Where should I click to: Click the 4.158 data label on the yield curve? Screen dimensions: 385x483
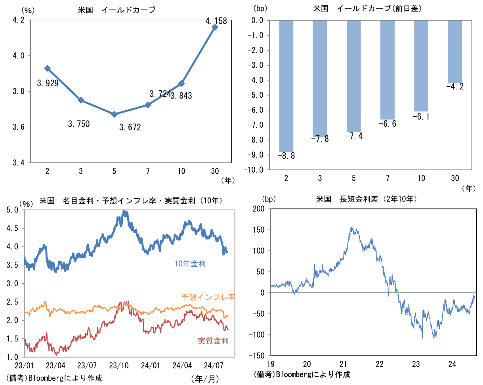[x=216, y=21]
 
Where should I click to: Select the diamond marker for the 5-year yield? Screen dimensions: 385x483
[x=115, y=114]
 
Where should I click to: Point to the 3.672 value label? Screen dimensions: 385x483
[x=130, y=127]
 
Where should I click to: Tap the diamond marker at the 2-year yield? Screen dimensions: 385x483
[x=48, y=68]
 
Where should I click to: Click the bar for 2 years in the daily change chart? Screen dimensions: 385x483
[x=286, y=86]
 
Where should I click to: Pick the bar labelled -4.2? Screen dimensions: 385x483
[x=455, y=51]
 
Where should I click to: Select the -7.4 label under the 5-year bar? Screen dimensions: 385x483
[x=354, y=136]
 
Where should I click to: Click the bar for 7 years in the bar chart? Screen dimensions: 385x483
[x=388, y=70]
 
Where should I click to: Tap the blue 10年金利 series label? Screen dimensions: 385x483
[x=190, y=264]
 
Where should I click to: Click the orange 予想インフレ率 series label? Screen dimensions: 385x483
[x=208, y=297]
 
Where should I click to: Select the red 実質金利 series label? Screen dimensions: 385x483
[x=213, y=341]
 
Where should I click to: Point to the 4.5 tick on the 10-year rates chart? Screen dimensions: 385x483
[x=13, y=228]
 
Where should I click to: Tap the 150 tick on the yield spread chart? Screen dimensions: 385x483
[x=260, y=230]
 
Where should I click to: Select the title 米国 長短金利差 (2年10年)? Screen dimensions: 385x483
[x=367, y=199]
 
